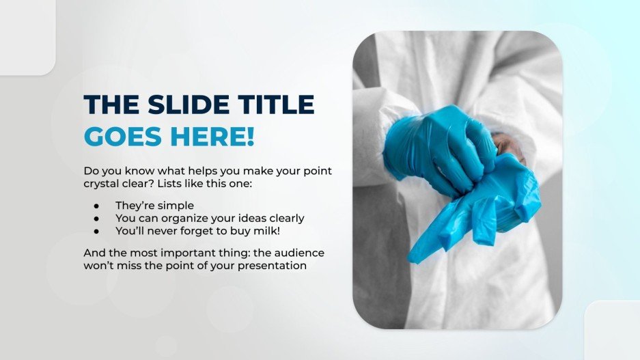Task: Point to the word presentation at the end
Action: pos(272,266)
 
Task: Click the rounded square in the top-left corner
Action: pos(25,34)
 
